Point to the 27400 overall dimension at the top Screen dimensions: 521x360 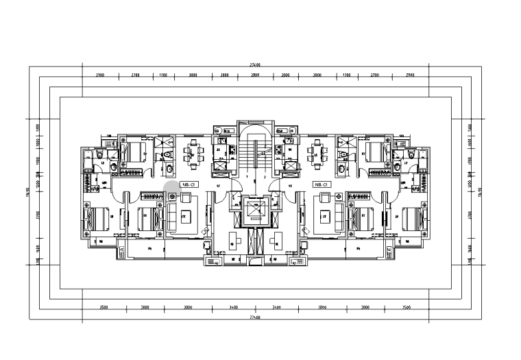[x=255, y=64]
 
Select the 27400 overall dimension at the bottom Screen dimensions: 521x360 [x=255, y=317]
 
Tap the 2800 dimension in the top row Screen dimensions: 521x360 [x=255, y=74]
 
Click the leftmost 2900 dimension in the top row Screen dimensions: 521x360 [x=100, y=74]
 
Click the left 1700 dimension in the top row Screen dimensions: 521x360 [x=163, y=74]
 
